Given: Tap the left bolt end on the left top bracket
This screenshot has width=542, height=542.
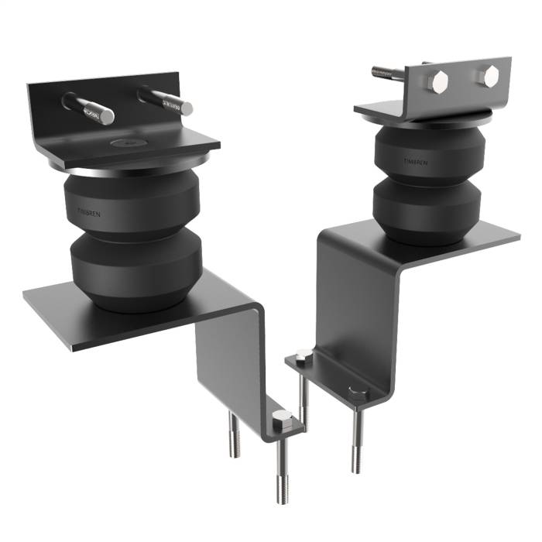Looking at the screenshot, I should pos(105,116).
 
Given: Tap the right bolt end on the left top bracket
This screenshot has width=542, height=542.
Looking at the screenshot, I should pos(186,108).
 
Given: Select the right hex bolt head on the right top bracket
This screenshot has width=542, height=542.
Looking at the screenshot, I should pos(489,75).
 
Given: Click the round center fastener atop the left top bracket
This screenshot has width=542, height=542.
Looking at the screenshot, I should pos(122,143).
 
